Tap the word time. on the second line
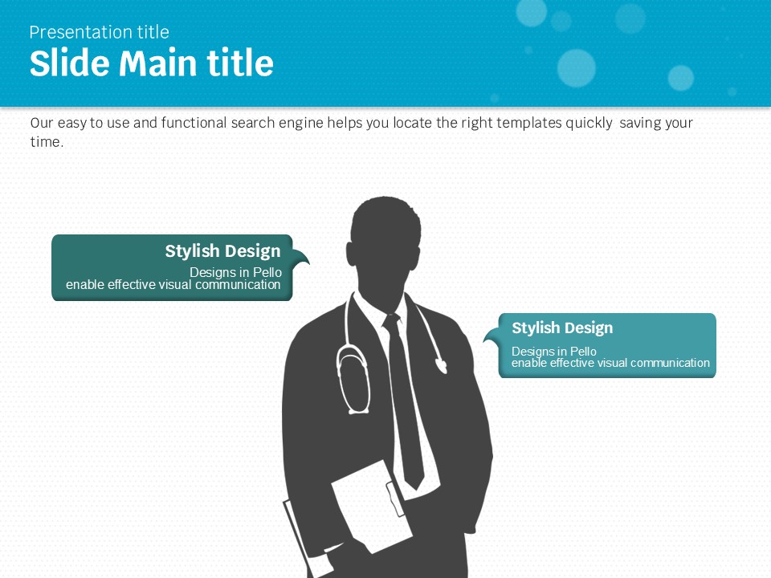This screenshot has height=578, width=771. pyautogui.click(x=47, y=142)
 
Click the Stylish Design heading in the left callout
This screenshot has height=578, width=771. pyautogui.click(x=222, y=251)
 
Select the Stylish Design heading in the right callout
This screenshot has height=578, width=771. pyautogui.click(x=562, y=328)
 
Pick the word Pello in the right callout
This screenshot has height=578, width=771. pyautogui.click(x=583, y=352)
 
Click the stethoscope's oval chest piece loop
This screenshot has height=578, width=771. pyautogui.click(x=353, y=378)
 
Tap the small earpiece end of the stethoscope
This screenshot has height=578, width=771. pyautogui.click(x=442, y=366)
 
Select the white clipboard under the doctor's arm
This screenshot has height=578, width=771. pyautogui.click(x=372, y=507)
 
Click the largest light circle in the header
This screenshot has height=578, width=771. pyautogui.click(x=577, y=68)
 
